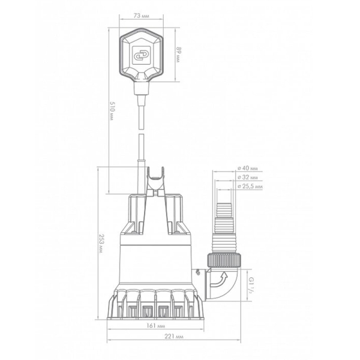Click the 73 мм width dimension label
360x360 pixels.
click(x=141, y=16)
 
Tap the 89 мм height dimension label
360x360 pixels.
click(x=178, y=55)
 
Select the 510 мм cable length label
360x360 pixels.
click(x=112, y=111)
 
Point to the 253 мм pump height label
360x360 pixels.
click(x=101, y=244)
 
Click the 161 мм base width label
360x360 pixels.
click(x=155, y=326)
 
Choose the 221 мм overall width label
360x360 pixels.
click(x=174, y=337)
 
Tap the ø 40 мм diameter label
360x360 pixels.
click(x=248, y=168)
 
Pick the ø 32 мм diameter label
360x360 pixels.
click(x=248, y=177)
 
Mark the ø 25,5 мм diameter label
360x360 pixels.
click(x=250, y=186)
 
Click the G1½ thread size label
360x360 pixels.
click(x=252, y=285)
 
